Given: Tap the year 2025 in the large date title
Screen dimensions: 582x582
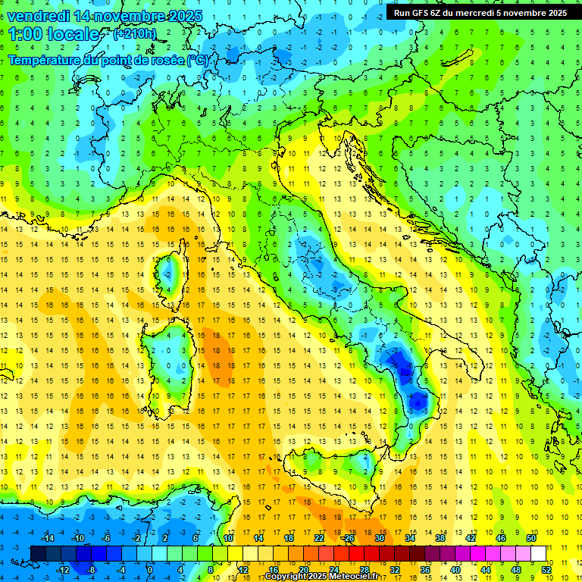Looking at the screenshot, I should click(181, 16).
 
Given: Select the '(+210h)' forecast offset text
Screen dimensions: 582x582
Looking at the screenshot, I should click(134, 34).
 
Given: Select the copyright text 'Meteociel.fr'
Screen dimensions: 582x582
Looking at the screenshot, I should click(349, 577).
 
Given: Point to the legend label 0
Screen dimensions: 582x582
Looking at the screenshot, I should click(149, 570).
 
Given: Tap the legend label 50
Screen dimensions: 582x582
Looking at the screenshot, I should click(531, 538).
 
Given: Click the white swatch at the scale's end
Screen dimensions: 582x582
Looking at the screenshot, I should click(539, 554).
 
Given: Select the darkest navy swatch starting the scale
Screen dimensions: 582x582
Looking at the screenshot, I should click(39, 554).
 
